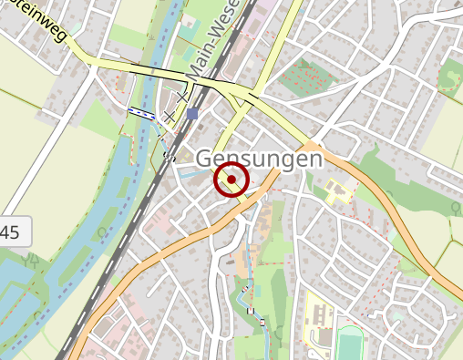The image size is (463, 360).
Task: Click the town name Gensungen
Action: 259,159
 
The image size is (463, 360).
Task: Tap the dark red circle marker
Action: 231,180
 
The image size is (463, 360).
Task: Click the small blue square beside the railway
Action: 192,113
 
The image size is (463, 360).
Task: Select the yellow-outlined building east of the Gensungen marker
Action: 337,190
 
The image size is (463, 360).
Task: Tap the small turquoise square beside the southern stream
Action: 257,291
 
